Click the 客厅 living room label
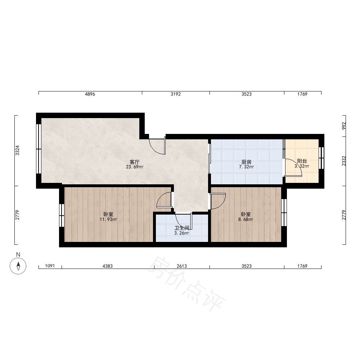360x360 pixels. (135, 162)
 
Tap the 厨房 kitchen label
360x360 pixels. (246, 162)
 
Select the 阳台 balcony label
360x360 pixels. (302, 161)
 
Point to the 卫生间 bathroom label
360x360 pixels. (181, 228)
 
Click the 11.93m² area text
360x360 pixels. (108, 220)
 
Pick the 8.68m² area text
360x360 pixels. (246, 220)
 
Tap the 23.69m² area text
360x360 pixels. (135, 167)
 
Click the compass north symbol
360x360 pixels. (18, 266)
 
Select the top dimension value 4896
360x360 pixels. (90, 94)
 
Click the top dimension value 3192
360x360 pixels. (176, 94)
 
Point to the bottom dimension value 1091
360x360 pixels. (50, 266)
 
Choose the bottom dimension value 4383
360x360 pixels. (107, 266)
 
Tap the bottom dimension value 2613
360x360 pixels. (181, 266)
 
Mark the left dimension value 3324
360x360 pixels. (17, 150)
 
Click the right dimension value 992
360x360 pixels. (344, 126)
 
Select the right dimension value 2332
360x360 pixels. (344, 161)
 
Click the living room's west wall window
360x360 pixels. (39, 149)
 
